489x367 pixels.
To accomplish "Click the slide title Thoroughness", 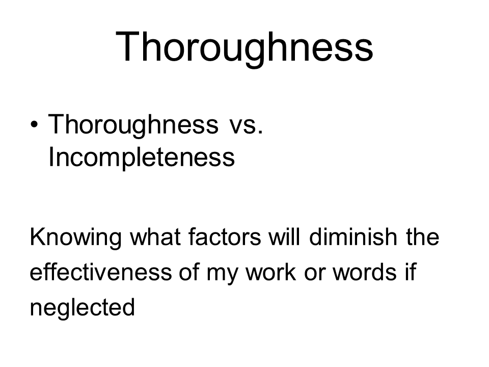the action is pyautogui.click(x=244, y=48).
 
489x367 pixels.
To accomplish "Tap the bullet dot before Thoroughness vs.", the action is pyautogui.click(x=34, y=124).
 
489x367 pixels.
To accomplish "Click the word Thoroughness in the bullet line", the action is pyautogui.click(x=133, y=125).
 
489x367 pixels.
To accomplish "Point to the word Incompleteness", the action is pyautogui.click(x=142, y=158).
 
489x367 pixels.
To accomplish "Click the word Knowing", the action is pyautogui.click(x=75, y=238).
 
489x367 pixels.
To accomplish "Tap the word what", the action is pyautogui.click(x=155, y=237).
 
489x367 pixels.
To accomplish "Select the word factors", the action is pyautogui.click(x=225, y=237).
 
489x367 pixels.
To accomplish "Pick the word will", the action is pyautogui.click(x=284, y=237).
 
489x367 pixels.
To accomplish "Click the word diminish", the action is pyautogui.click(x=353, y=237).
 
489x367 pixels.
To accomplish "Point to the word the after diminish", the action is pyautogui.click(x=423, y=237).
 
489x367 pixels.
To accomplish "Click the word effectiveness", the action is pyautogui.click(x=101, y=272).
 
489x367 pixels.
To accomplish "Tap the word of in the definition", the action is pyautogui.click(x=189, y=272).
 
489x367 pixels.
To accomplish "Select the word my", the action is pyautogui.click(x=222, y=274).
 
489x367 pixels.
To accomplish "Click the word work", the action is pyautogui.click(x=270, y=272).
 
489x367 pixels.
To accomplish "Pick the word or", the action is pyautogui.click(x=314, y=274).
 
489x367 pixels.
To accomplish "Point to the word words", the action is pyautogui.click(x=365, y=272).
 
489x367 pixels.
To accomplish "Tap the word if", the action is pyautogui.click(x=411, y=272).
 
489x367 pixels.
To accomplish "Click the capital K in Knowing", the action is pyautogui.click(x=37, y=237).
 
